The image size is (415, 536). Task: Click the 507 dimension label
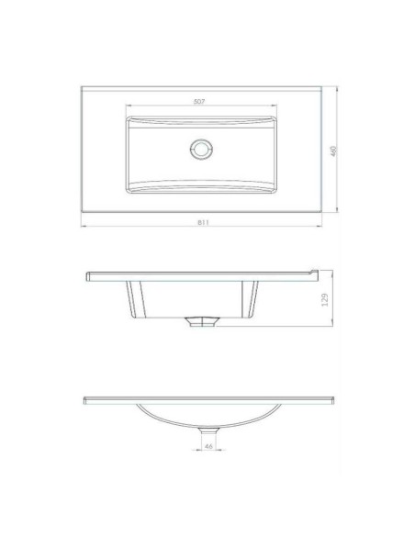(199, 102)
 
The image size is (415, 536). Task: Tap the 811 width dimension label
(203, 222)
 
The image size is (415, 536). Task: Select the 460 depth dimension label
(333, 151)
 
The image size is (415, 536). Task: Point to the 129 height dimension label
(325, 299)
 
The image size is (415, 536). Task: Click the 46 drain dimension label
(208, 446)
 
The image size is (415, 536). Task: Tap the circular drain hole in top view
(201, 150)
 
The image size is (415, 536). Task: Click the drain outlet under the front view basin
(201, 321)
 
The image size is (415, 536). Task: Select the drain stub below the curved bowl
(208, 431)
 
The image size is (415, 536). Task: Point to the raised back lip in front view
(314, 272)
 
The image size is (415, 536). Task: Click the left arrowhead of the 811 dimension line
(83, 227)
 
